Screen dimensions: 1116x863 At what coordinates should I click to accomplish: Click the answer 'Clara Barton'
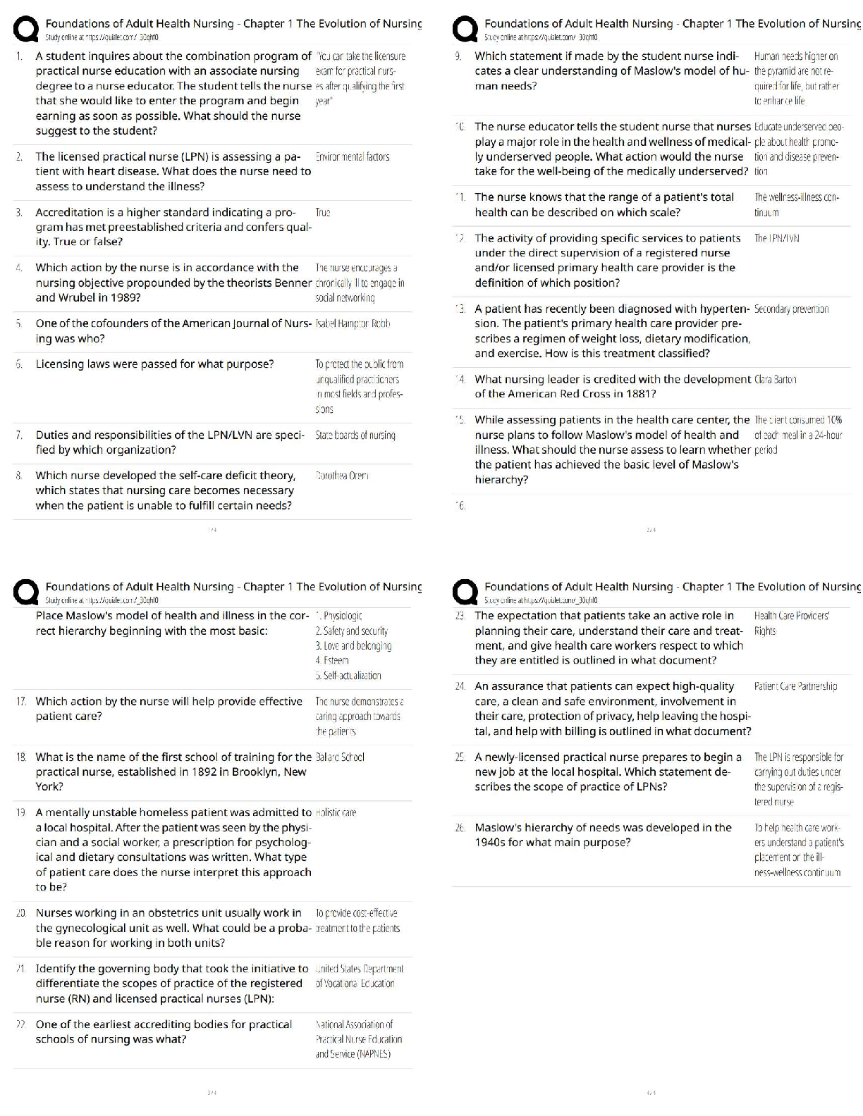[x=775, y=379]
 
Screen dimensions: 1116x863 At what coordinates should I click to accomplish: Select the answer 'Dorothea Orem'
[x=342, y=476]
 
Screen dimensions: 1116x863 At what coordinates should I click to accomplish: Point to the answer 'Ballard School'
[x=340, y=757]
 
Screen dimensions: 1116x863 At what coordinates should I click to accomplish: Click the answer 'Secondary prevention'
[x=791, y=309]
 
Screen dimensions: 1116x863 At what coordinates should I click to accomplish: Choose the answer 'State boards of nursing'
[x=355, y=435]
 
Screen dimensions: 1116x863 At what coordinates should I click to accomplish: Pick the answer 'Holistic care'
[x=336, y=812]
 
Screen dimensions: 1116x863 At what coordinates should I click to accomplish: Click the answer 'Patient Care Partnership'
[x=795, y=686]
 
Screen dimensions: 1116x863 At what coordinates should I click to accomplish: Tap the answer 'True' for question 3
[x=323, y=212]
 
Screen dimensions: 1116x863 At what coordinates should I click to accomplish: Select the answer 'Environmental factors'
[x=352, y=156]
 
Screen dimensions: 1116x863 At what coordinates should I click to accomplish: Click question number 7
[x=19, y=435]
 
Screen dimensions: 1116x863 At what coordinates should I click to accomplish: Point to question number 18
[x=21, y=757]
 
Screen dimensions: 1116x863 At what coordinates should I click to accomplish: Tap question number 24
[x=460, y=686]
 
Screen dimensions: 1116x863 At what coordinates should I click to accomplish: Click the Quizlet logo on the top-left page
[x=26, y=29]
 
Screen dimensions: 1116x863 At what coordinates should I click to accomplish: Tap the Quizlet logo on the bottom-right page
[x=465, y=592]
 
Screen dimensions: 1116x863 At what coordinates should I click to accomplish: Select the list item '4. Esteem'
[x=332, y=660]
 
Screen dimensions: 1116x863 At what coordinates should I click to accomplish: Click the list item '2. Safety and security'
[x=351, y=631]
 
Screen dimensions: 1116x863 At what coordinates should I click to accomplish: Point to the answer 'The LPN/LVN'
[x=776, y=238]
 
